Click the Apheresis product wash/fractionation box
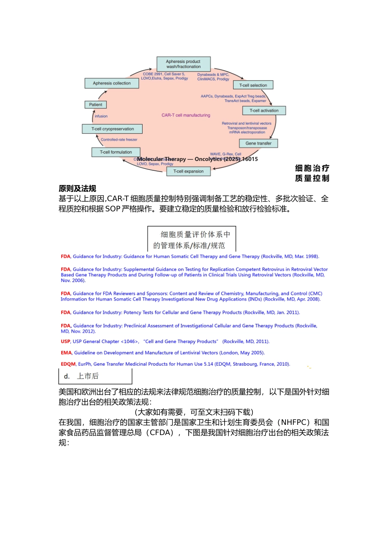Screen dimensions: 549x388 pos(183,64)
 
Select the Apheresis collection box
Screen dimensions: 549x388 pos(111,83)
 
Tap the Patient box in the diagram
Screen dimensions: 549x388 pos(96,105)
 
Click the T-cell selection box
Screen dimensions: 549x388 pos(253,85)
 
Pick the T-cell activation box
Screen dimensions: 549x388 pos(264,110)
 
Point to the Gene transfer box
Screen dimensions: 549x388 pos(258,143)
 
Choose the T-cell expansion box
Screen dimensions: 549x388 pos(188,171)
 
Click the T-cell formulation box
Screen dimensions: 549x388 pos(116,152)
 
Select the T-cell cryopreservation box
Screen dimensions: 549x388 pos(112,129)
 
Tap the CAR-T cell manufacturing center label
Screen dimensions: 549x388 pos(186,115)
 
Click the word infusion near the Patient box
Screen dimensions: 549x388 pos(101,116)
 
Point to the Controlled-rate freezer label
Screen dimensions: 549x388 pos(119,140)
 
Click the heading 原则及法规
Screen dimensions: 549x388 pos(77,188)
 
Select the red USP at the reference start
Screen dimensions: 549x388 pos(65,341)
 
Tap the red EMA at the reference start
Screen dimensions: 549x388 pos(66,353)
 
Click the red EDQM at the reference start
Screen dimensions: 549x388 pos(68,364)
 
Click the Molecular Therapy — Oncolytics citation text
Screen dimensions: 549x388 pos(197,159)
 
